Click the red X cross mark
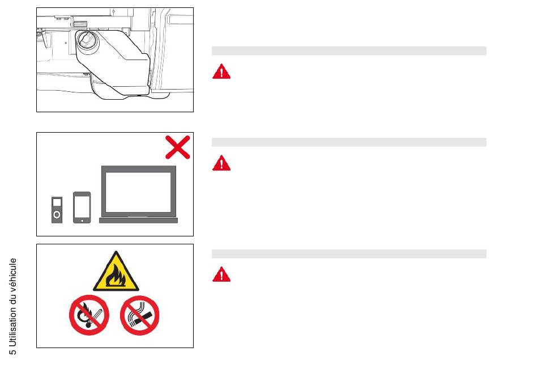point(178,147)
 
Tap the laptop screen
point(138,192)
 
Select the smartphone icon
point(82,207)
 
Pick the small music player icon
point(57,210)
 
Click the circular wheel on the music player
point(57,215)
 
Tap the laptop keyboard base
point(138,221)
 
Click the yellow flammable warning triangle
point(116,271)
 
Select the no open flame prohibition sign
point(89,315)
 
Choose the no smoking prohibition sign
point(140,315)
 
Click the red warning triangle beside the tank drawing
point(221,71)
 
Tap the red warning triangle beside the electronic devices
point(221,163)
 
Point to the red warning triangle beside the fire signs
point(221,274)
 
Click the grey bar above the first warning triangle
point(349,51)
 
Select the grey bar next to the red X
point(349,142)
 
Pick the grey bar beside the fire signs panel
point(349,254)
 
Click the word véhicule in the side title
point(12,275)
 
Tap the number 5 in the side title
point(12,351)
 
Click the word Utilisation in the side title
point(12,325)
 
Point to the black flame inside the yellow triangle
point(116,276)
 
